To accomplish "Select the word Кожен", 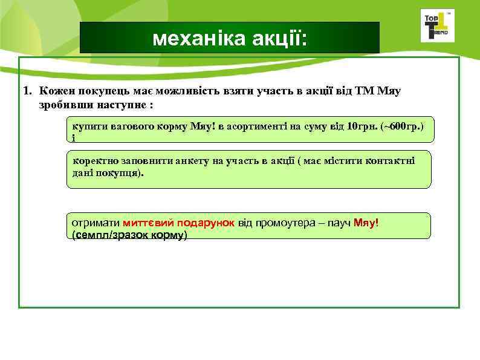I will tap(54, 91).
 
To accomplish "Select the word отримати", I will tap(95, 223).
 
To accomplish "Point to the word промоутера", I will tap(285, 223).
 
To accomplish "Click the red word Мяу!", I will tap(366, 223).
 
